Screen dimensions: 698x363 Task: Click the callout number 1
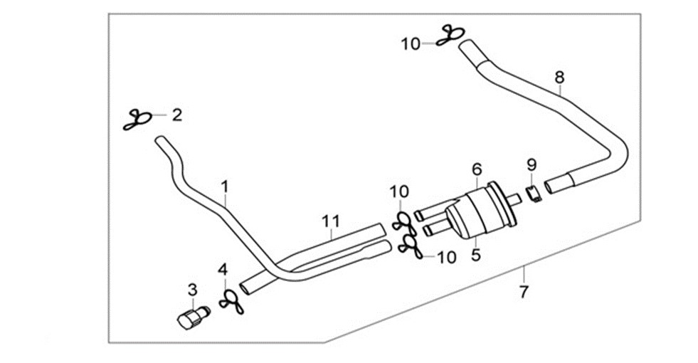click(x=225, y=187)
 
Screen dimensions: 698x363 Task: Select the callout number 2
click(x=176, y=115)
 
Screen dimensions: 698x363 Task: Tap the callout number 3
click(x=192, y=290)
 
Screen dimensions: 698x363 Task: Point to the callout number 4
click(x=223, y=270)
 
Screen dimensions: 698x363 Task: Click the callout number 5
click(x=476, y=255)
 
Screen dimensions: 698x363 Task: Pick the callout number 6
click(x=477, y=169)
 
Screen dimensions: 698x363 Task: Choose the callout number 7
click(x=524, y=293)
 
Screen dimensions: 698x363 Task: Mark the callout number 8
click(x=559, y=77)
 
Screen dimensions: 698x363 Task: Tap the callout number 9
click(x=532, y=165)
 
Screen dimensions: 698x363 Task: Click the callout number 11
click(x=331, y=221)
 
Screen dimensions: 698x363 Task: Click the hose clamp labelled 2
click(x=138, y=120)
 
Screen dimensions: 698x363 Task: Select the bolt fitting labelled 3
click(x=193, y=316)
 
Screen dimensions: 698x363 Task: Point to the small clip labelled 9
click(x=534, y=194)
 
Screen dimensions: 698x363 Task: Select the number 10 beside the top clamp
click(x=411, y=44)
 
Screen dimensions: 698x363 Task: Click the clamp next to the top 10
click(x=450, y=36)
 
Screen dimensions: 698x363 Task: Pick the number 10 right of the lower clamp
click(x=447, y=257)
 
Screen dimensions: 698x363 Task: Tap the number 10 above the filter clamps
click(x=399, y=192)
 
